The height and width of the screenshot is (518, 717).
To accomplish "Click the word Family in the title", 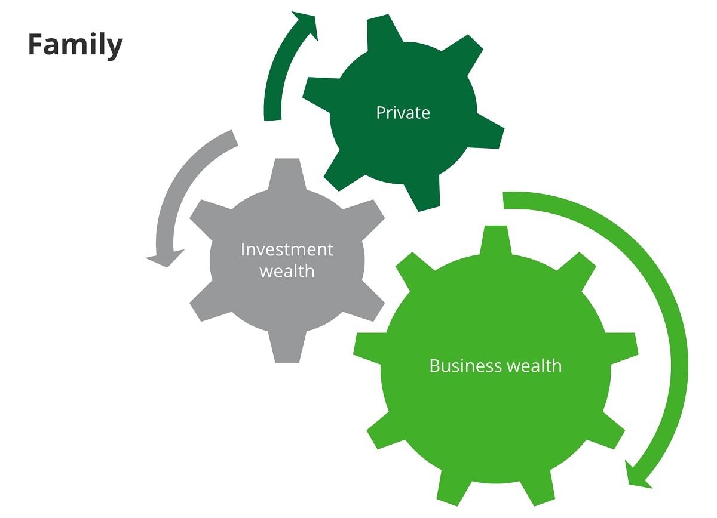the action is click(x=75, y=45).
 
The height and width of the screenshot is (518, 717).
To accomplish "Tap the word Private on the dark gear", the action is click(x=403, y=113).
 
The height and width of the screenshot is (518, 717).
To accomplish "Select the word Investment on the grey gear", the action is click(x=287, y=249).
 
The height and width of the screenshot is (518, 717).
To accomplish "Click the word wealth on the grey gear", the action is click(x=287, y=271).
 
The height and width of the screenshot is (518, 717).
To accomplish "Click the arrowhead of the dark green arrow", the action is click(x=306, y=24).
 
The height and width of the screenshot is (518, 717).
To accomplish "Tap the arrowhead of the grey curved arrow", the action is click(x=165, y=258).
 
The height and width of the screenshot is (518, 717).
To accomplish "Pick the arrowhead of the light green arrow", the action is click(x=636, y=476).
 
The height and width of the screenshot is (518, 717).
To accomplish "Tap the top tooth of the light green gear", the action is click(x=496, y=240).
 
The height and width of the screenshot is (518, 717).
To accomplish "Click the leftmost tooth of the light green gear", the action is click(x=368, y=349).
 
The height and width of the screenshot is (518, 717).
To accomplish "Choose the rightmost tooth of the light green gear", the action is click(x=623, y=349).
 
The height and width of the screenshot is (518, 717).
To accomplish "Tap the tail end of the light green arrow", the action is click(x=504, y=201).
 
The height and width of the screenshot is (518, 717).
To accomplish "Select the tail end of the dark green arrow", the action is click(x=272, y=120).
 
